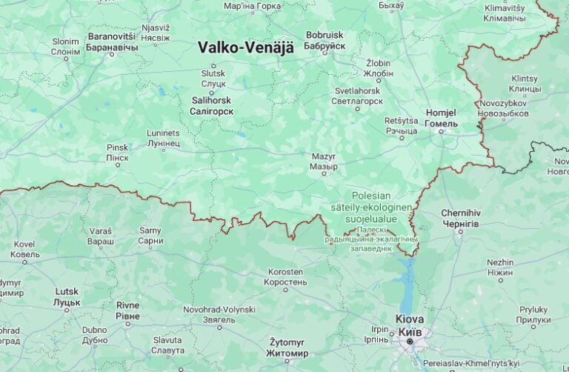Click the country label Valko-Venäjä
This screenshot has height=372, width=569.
click(245, 47)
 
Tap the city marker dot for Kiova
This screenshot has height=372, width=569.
click(410, 342)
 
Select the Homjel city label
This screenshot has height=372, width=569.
click(442, 113)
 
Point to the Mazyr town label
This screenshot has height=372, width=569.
click(323, 157)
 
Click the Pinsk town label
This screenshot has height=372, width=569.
click(117, 147)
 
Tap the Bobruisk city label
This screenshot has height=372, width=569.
click(325, 35)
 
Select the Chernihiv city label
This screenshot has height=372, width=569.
click(461, 213)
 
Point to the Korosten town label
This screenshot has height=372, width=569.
click(285, 272)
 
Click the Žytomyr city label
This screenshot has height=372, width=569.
click(287, 342)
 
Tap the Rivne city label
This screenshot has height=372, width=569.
click(127, 305)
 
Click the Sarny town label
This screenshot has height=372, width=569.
click(150, 230)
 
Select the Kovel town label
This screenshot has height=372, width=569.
click(24, 244)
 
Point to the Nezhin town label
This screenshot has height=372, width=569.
click(500, 262)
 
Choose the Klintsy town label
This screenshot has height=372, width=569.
click(525, 79)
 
